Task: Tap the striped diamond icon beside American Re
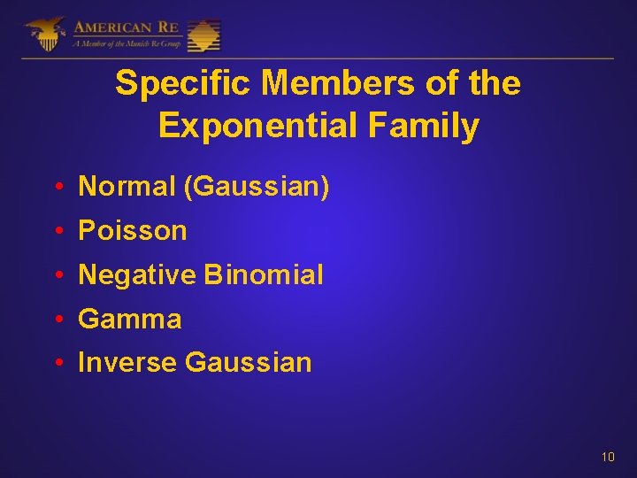point(204,35)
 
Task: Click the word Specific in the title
point(184,84)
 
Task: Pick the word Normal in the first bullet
point(127,187)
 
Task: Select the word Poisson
point(133,231)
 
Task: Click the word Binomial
point(264,275)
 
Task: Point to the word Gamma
point(130,319)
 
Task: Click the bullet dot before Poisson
point(57,232)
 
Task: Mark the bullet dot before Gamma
point(57,320)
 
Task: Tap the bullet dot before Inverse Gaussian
point(57,363)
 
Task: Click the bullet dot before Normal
point(57,188)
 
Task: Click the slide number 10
point(608,458)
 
